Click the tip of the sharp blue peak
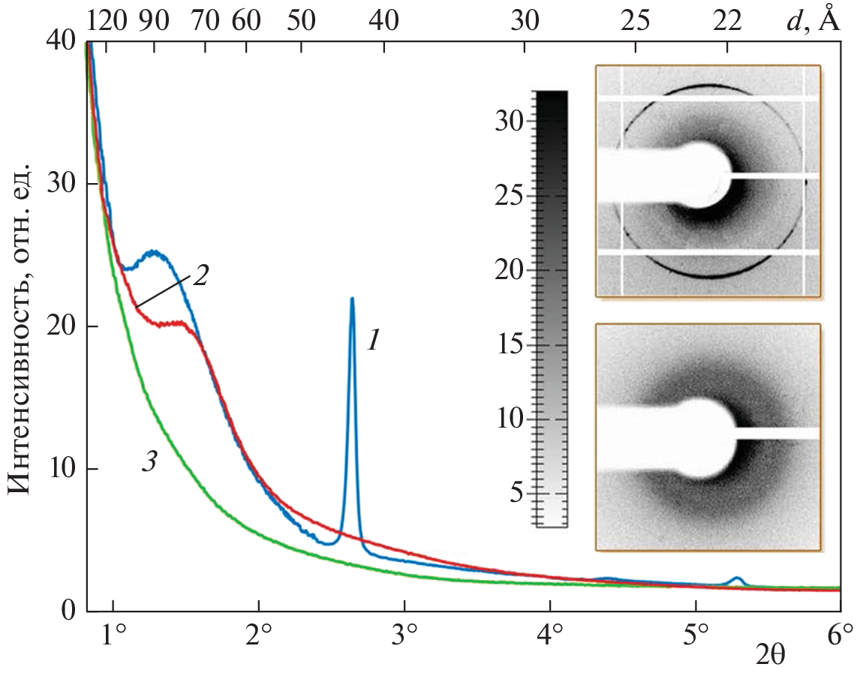click(351, 299)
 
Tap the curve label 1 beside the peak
click(374, 342)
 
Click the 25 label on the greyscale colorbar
click(510, 196)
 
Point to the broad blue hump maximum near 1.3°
click(153, 252)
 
